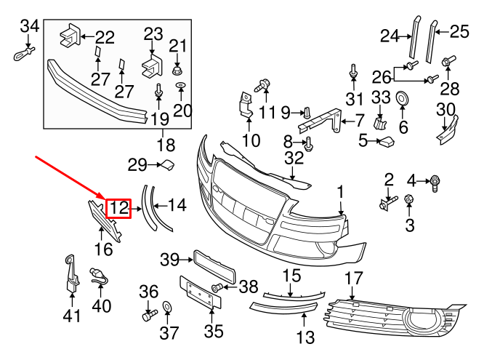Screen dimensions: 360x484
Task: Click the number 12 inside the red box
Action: click(118, 209)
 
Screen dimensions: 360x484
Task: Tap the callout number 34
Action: click(29, 27)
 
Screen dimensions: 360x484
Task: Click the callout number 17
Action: click(353, 278)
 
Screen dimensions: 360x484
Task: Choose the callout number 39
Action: click(169, 260)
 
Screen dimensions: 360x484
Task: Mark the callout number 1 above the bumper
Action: click(339, 192)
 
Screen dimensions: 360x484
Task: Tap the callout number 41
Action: click(71, 316)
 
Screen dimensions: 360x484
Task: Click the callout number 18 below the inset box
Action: click(166, 143)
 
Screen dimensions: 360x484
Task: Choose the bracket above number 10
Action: click(245, 105)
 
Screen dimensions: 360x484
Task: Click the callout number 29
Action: click(137, 166)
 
